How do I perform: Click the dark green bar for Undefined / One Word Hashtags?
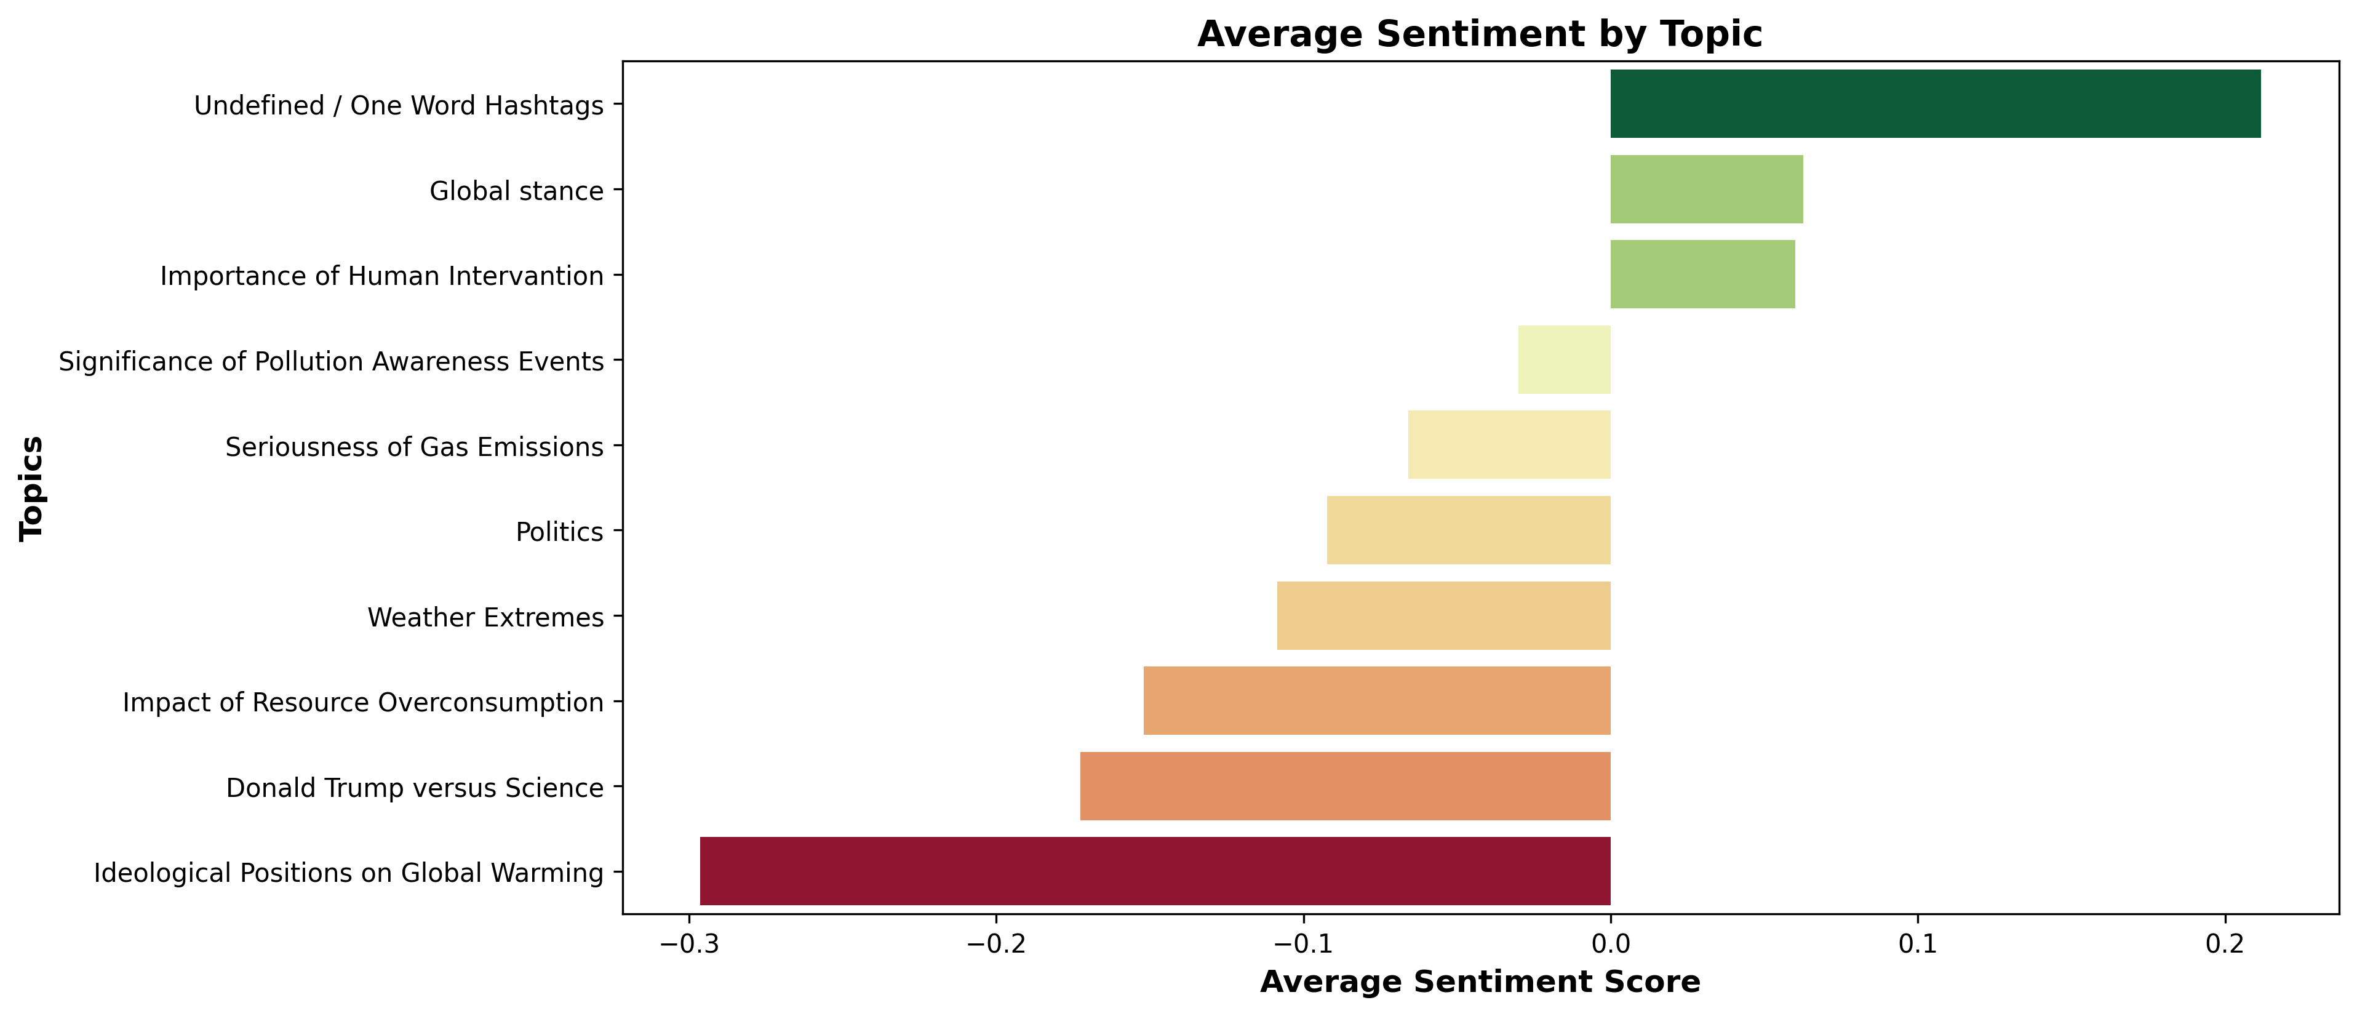point(1934,103)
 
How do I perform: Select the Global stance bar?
point(1707,190)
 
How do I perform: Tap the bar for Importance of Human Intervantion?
point(1702,274)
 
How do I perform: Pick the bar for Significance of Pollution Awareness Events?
point(1564,360)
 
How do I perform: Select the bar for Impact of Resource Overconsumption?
point(1376,700)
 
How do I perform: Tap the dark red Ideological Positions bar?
point(1155,871)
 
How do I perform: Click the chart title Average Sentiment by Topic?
point(1480,35)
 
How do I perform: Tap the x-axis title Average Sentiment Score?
point(1480,982)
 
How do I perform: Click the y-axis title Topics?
point(32,488)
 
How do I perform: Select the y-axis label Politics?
point(559,532)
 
